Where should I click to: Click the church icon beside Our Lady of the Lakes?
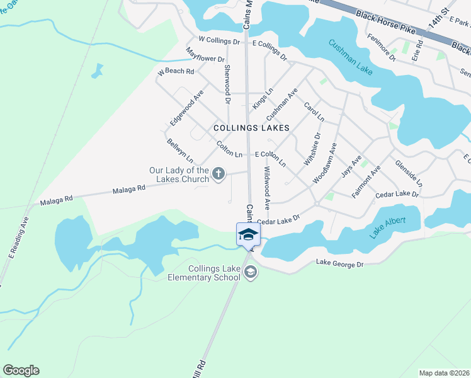click(218, 174)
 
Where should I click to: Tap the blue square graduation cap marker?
click(248, 234)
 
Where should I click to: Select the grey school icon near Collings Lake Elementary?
click(250, 272)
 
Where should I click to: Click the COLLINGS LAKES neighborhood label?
click(251, 128)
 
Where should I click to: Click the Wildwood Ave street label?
click(267, 188)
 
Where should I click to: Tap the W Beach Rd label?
click(176, 72)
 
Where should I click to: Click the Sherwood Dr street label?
click(227, 84)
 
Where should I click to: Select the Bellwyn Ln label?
click(179, 151)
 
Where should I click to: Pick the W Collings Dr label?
click(219, 41)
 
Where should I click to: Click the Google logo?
click(21, 370)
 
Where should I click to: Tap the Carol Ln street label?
click(314, 113)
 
